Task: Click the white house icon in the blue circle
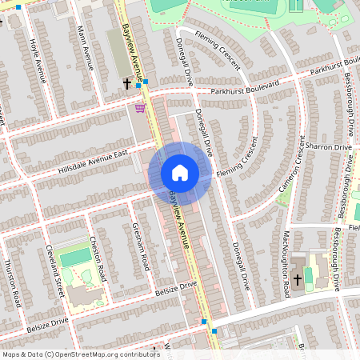tap(180, 173)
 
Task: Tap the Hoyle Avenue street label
tap(37, 61)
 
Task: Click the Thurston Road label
tap(12, 283)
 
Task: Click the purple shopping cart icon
tap(140, 108)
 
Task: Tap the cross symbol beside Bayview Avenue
tap(126, 83)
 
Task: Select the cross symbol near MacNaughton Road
tap(298, 279)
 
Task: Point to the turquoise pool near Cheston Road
tap(76, 257)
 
